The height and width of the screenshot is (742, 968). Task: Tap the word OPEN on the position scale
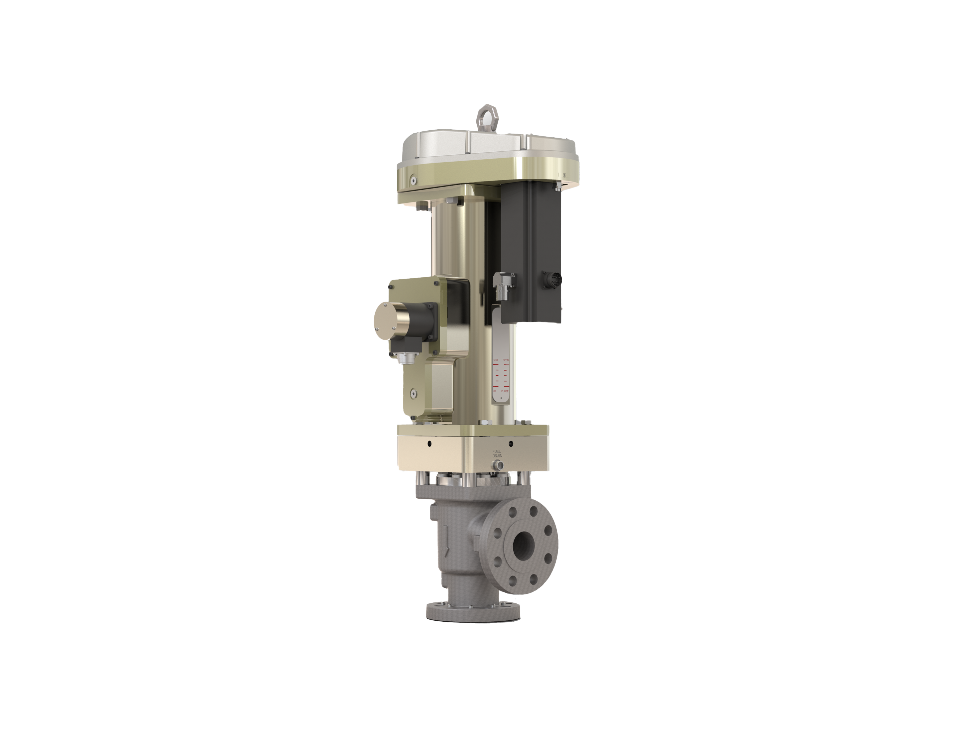(506, 360)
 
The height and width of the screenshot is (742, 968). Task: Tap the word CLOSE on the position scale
(505, 391)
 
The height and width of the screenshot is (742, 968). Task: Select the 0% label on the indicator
(495, 391)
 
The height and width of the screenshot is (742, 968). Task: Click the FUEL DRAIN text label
(497, 453)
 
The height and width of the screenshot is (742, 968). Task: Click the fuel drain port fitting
(498, 465)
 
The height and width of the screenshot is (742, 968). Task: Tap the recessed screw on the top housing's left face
(413, 180)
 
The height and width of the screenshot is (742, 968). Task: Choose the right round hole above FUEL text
(511, 443)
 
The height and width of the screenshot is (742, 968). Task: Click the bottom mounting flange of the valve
(472, 612)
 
